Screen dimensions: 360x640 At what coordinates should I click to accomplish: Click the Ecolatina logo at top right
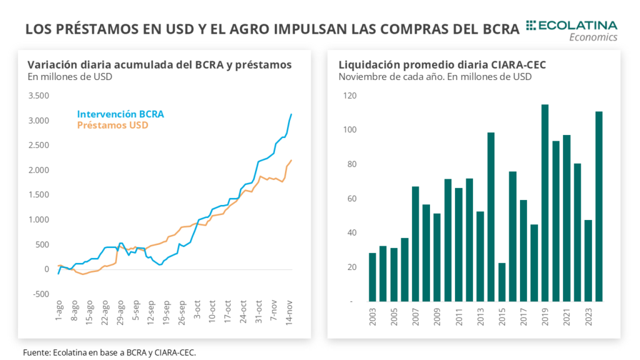coord(571,29)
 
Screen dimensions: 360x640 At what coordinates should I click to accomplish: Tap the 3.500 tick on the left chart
coord(39,96)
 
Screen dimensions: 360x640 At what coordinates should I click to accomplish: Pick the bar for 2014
coord(491,217)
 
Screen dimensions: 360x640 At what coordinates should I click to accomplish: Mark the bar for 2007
coord(415,244)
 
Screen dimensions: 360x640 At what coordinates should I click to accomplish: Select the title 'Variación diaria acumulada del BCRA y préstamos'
coord(159,64)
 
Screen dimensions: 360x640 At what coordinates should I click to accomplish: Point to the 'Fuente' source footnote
coord(109,352)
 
